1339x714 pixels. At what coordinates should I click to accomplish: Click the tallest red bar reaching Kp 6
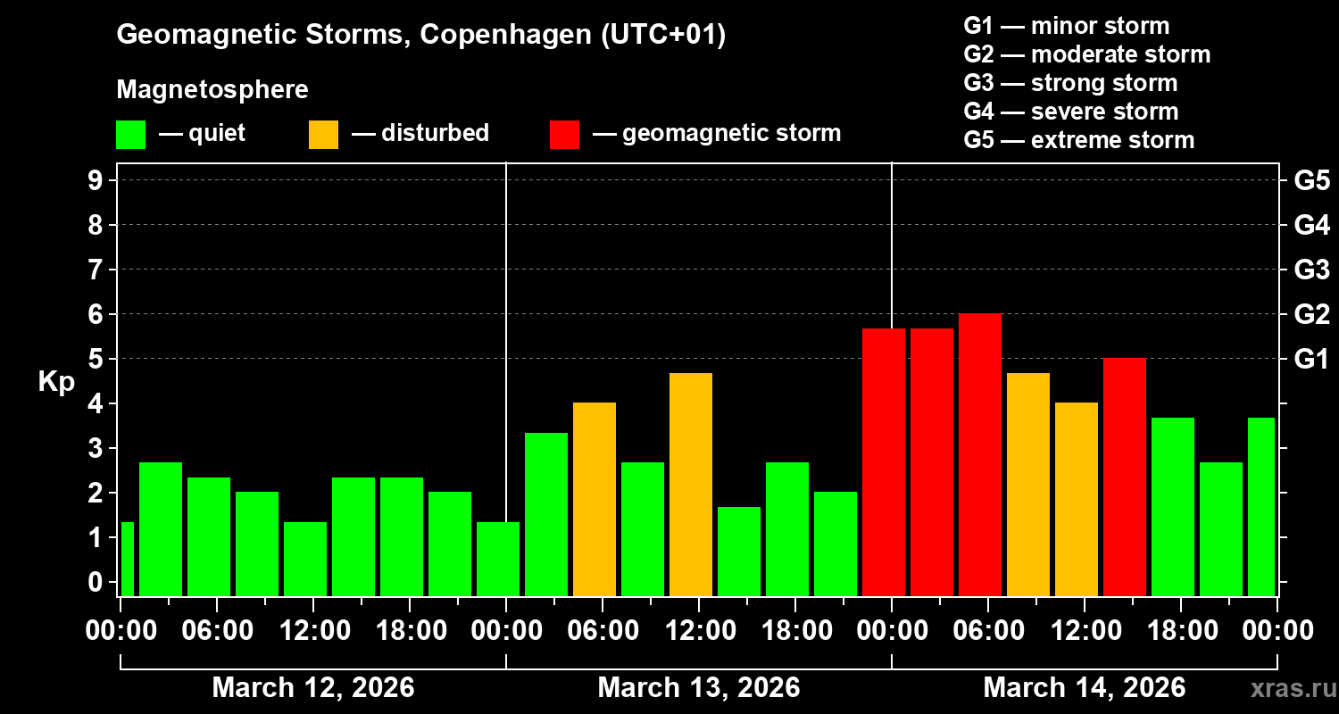pos(979,455)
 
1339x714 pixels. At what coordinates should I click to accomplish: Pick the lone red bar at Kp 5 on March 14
pos(1124,477)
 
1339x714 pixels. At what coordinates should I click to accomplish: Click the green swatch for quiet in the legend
pos(130,134)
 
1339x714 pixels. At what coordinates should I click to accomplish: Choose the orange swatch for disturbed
pos(323,134)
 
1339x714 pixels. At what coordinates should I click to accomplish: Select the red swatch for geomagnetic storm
pos(564,134)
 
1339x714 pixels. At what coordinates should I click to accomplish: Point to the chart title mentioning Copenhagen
pos(420,35)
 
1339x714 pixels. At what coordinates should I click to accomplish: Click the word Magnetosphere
pos(212,90)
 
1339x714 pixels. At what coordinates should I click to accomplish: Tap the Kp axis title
pos(56,381)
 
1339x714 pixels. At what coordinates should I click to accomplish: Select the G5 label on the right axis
pos(1311,180)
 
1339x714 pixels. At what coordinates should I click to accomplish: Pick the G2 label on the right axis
pos(1311,314)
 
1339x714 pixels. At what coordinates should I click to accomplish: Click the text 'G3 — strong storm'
pos(1070,83)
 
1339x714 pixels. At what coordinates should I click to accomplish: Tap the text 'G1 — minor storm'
pos(1066,26)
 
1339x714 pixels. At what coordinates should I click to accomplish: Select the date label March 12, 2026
pos(312,688)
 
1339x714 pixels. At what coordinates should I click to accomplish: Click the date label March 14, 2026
pos(1084,688)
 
